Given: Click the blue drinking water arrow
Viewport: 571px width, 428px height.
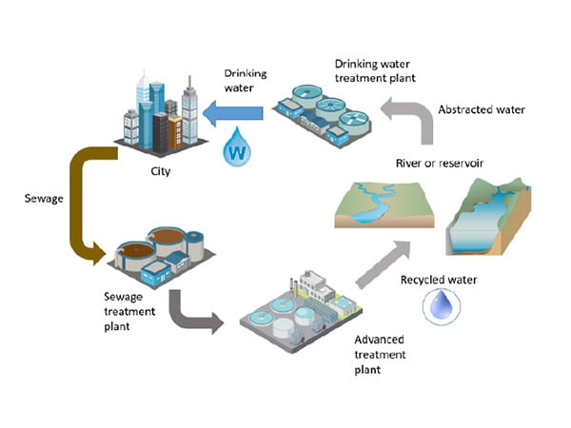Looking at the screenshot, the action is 233,113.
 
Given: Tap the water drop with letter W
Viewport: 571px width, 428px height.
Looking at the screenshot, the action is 237,146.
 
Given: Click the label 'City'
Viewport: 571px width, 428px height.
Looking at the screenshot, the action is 161,171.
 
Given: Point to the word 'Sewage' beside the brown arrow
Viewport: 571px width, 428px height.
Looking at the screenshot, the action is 44,199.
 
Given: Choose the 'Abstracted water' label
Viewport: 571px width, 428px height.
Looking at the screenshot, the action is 482,109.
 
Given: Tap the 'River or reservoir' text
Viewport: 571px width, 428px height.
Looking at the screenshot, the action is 440,163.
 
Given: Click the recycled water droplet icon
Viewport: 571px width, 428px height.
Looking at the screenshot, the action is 442,306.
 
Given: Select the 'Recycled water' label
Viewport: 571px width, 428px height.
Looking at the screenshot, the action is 439,280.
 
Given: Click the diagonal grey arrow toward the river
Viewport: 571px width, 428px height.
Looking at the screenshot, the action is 384,264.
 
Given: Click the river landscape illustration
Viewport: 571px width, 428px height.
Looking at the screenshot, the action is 384,204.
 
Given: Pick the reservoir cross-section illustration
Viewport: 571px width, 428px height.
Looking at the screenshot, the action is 488,217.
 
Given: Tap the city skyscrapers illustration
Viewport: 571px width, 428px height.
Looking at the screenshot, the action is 162,114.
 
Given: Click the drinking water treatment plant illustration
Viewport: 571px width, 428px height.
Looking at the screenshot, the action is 323,116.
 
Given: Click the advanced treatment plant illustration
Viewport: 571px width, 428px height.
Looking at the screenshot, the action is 301,312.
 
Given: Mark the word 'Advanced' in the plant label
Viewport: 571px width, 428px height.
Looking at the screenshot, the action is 379,340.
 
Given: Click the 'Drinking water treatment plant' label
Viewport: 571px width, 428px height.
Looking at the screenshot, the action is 375,71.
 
